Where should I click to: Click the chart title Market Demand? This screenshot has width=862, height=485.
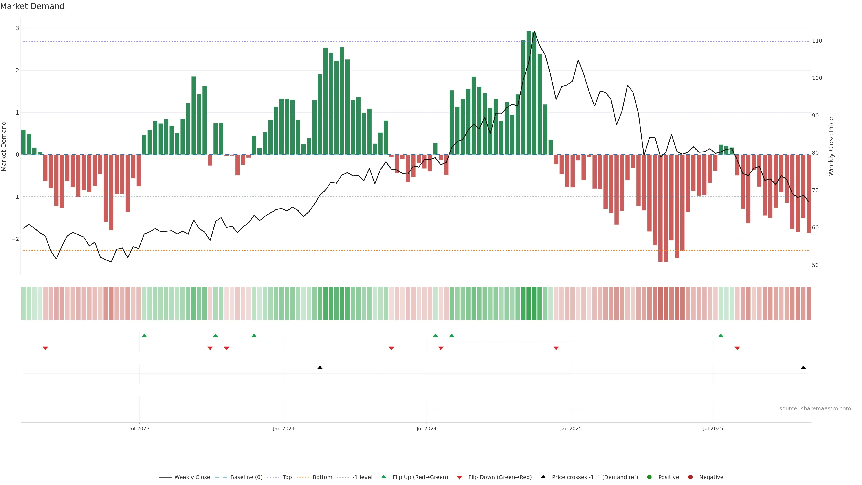pos(32,6)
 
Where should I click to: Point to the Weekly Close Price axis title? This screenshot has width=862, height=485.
pos(831,146)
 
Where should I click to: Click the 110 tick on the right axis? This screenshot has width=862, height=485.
pos(817,41)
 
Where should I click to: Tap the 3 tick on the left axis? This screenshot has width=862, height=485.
pos(18,28)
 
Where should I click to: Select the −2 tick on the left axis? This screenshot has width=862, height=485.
pos(15,239)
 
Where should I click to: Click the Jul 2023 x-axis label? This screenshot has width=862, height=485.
pos(139,428)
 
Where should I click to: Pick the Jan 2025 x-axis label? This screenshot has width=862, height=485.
pos(571,428)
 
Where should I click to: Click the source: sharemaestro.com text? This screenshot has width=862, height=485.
pos(815,409)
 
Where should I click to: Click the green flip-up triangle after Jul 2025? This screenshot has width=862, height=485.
pos(721,336)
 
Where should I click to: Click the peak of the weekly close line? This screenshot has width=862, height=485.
pos(534,31)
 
